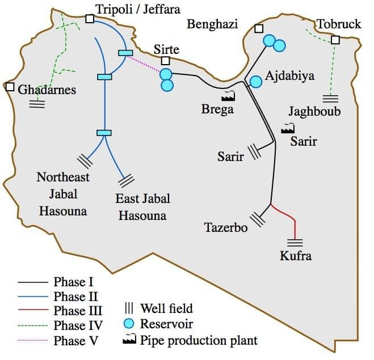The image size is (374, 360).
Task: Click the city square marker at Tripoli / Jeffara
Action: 90,19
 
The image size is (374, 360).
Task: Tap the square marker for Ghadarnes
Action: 10,87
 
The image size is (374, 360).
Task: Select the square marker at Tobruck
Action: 335,40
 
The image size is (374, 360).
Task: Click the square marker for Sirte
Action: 165,61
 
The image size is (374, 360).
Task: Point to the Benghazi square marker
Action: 259,29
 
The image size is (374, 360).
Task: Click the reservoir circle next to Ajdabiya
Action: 256,82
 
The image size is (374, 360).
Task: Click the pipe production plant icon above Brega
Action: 229,96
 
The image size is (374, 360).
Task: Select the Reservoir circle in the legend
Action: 129,324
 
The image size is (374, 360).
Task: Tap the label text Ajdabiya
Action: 289,76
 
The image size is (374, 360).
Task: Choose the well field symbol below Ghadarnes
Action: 37,103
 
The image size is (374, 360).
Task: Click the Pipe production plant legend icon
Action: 130,340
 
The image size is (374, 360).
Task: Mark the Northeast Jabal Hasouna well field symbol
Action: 85,161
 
